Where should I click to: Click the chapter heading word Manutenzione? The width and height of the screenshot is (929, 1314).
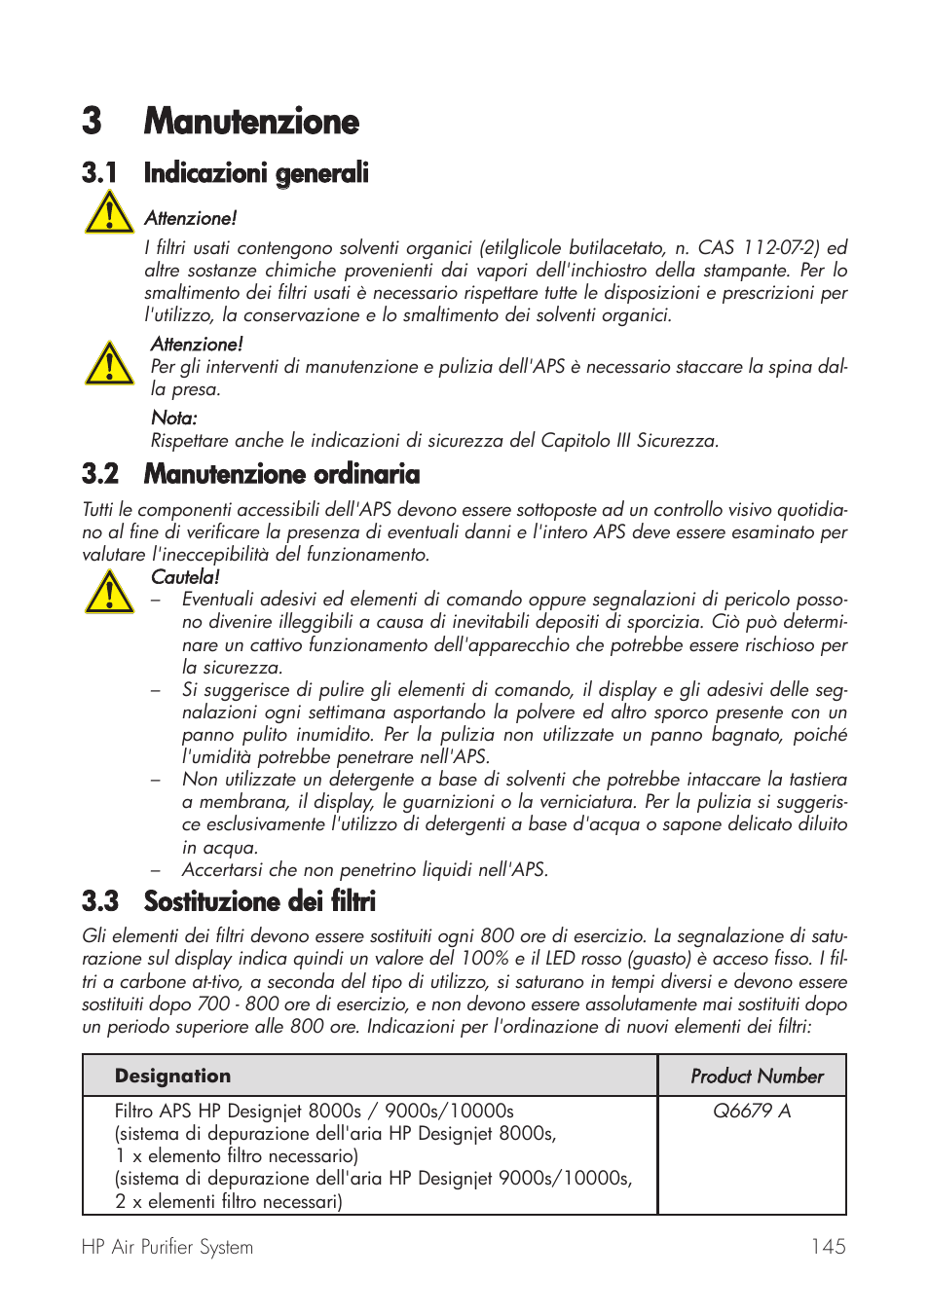[251, 122]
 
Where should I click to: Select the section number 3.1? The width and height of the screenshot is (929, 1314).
[99, 173]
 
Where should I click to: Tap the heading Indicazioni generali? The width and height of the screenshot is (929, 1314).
[256, 173]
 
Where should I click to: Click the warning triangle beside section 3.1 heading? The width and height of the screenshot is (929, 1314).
[109, 212]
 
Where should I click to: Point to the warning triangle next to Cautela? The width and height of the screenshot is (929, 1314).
[109, 592]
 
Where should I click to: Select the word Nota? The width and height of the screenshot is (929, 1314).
[174, 419]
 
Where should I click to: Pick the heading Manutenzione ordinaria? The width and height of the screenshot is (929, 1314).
[281, 474]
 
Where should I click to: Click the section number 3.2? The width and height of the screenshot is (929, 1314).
[100, 474]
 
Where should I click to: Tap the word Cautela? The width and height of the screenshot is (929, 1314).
[185, 577]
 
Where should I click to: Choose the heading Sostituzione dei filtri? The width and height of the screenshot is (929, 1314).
[259, 901]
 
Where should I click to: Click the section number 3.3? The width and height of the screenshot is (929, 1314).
[100, 901]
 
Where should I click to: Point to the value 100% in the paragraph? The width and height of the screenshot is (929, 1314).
[484, 959]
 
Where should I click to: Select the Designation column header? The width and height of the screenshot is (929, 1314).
[172, 1076]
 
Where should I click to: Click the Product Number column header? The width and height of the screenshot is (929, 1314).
[757, 1076]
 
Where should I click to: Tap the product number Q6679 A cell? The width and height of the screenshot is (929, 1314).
[752, 1111]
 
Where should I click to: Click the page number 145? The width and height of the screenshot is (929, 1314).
[828, 1247]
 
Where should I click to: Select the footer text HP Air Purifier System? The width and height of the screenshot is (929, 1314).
[167, 1247]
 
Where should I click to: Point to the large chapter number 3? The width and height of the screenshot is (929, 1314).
[92, 122]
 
